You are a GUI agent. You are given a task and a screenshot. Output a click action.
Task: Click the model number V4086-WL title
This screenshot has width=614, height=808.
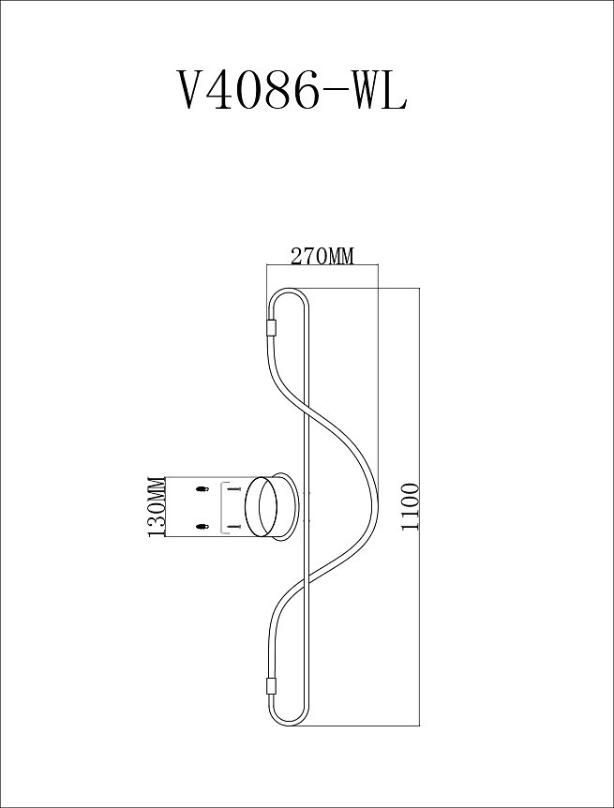tap(292, 92)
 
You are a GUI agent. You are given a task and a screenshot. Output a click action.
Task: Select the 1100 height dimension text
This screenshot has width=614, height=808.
tap(410, 506)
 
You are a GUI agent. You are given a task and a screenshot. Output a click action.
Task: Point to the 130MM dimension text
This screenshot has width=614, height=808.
tap(157, 507)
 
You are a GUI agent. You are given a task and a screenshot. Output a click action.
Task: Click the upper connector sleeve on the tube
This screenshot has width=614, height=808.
tap(271, 328)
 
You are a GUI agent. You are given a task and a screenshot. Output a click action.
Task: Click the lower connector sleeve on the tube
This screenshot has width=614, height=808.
tap(271, 686)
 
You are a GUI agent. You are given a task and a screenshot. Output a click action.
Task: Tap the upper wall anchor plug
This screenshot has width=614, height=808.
tap(200, 489)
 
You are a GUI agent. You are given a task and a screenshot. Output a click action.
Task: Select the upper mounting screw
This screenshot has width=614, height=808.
tap(233, 489)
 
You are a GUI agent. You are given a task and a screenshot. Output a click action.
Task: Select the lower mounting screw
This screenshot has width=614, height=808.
tap(233, 528)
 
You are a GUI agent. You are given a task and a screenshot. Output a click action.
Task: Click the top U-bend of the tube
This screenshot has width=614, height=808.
tap(287, 295)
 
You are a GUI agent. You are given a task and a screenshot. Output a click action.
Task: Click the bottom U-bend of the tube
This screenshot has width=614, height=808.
tap(287, 720)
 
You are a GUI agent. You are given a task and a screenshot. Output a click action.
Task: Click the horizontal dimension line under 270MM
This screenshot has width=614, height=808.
tap(322, 266)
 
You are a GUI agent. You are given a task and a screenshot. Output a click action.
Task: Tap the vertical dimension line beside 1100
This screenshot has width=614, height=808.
tap(419, 507)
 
